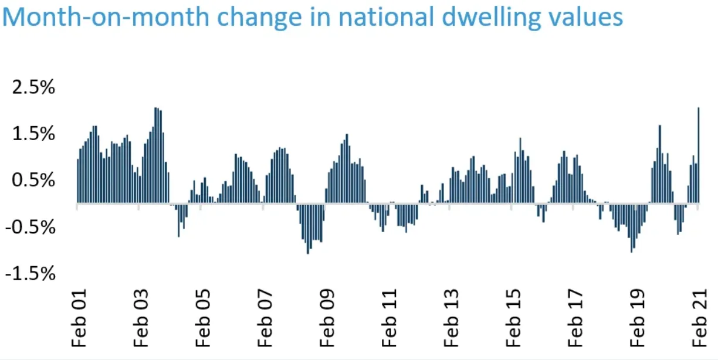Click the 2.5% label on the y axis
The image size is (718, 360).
tap(33, 87)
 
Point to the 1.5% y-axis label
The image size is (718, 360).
tap(33, 134)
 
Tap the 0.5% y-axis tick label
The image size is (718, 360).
tap(33, 180)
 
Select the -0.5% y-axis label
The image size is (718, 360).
tap(31, 227)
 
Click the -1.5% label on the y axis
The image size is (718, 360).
tap(31, 274)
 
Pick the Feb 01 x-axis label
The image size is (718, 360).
tap(79, 318)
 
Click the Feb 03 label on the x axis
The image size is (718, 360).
tap(141, 318)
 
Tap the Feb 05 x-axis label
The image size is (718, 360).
tap(203, 318)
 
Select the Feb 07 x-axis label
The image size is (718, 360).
tap(265, 318)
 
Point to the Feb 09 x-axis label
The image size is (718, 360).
tap(327, 318)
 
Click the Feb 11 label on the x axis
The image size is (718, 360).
tap(390, 318)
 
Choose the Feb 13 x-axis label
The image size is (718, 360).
tap(451, 318)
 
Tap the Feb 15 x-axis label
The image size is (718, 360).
tap(513, 318)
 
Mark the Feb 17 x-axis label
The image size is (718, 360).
tap(575, 318)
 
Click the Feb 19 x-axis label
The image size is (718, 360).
tap(638, 318)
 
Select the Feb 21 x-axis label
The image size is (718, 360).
tap(700, 318)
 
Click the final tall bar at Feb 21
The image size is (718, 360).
tap(699, 155)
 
